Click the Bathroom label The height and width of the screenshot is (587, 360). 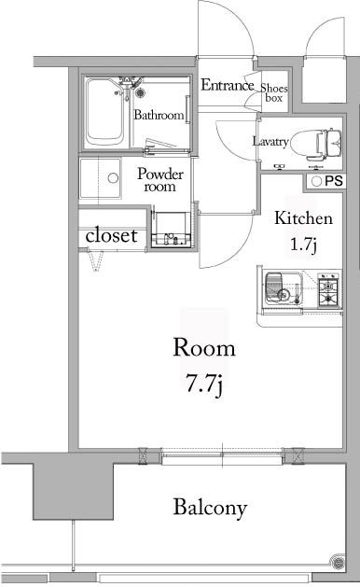157,116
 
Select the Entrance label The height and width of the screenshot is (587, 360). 228,86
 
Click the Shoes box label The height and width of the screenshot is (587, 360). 273,90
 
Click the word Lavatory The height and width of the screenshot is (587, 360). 270,142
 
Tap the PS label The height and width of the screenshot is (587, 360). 335,181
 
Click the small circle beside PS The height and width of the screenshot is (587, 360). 316,181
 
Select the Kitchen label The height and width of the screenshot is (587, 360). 302,220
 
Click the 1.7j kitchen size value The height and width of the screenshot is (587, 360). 304,246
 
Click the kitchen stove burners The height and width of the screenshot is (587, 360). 327,289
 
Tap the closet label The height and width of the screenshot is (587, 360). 111,236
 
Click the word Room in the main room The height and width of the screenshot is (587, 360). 204,348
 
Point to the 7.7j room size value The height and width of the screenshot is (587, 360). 204,382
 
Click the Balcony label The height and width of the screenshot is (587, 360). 210,509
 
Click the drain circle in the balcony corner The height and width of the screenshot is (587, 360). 337,562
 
